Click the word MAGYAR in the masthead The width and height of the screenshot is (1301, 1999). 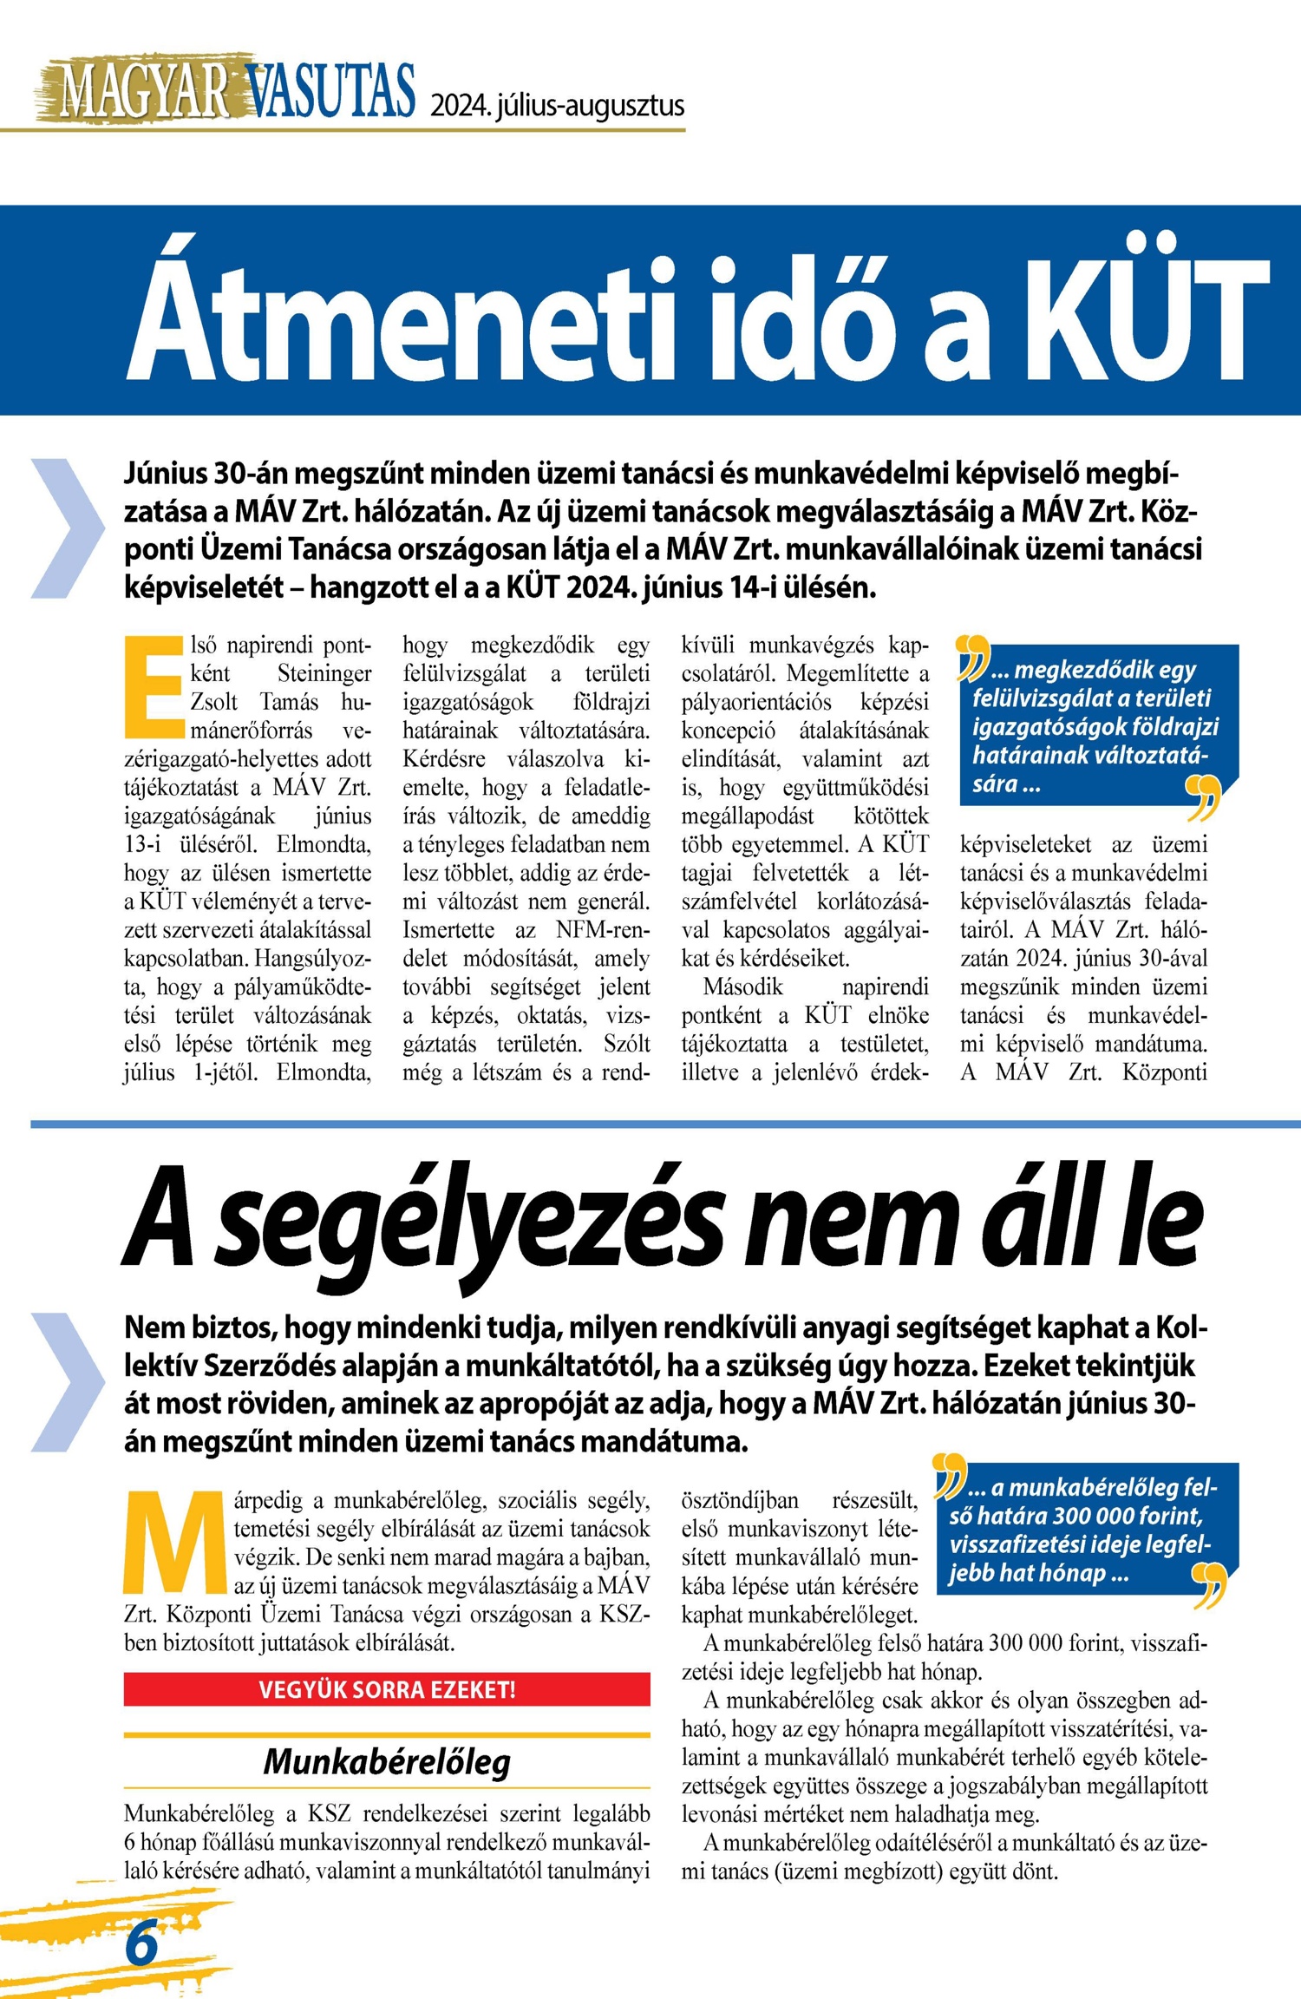(143, 90)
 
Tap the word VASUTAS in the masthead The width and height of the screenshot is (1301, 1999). (330, 90)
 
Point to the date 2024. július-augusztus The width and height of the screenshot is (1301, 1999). (557, 107)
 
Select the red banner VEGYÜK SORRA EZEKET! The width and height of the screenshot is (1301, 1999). (387, 1689)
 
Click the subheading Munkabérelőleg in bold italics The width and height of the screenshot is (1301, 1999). (387, 1762)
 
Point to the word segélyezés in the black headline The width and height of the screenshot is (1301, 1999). (468, 1219)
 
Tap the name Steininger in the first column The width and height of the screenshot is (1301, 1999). (324, 673)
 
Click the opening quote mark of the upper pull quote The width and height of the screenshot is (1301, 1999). (972, 657)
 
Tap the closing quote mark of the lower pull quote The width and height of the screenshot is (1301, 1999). (1211, 1585)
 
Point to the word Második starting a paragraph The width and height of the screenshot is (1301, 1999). (742, 986)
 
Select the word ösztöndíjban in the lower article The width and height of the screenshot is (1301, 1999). (740, 1500)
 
